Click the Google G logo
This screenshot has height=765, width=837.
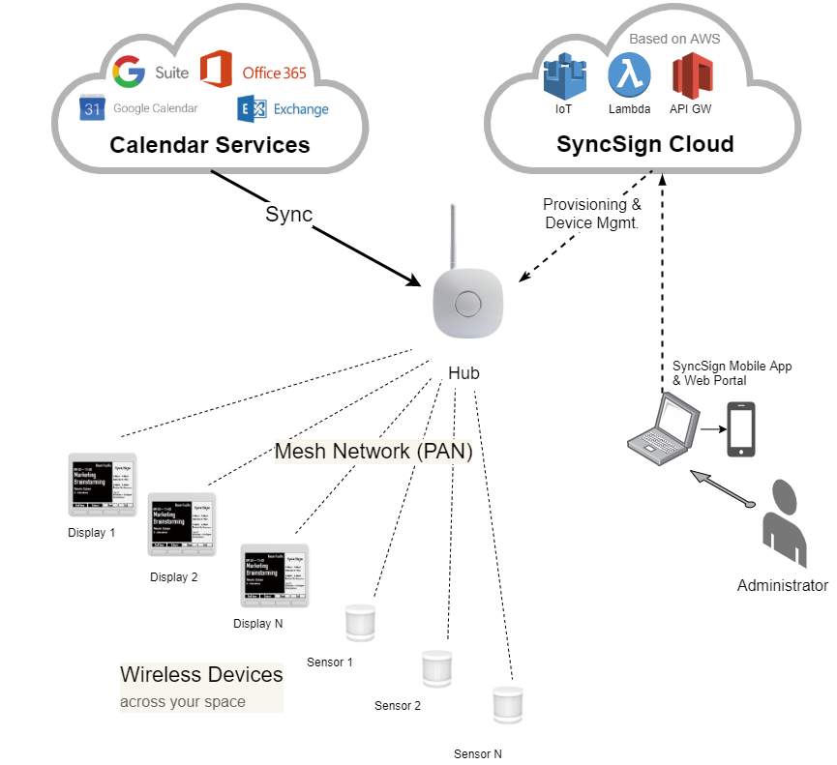(129, 72)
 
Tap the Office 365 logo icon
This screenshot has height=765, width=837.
(216, 71)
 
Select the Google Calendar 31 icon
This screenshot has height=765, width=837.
(92, 108)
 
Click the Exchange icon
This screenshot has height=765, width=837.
(252, 108)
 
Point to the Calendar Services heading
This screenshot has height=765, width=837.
(209, 145)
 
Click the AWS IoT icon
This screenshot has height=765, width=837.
(564, 76)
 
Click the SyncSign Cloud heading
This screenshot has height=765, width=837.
(644, 144)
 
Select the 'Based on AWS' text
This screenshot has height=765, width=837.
(674, 39)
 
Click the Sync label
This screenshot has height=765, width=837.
(288, 214)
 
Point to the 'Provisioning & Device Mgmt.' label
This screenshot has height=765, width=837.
(592, 214)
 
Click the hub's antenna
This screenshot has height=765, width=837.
(452, 236)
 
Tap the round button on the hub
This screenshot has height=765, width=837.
(467, 304)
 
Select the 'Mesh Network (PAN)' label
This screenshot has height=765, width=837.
(374, 452)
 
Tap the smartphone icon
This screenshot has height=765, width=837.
(741, 429)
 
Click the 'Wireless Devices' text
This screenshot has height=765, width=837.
(201, 674)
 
